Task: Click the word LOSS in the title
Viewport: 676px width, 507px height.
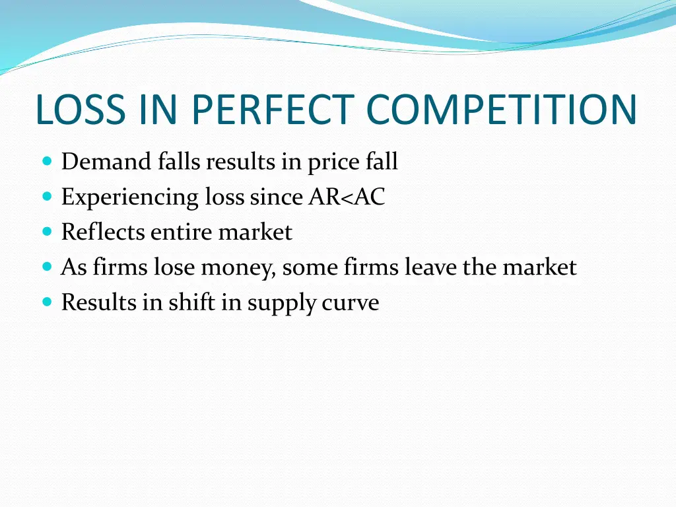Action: pyautogui.click(x=79, y=110)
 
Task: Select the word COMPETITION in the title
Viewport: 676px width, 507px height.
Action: pyautogui.click(x=502, y=110)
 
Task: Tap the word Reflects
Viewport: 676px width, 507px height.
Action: pyautogui.click(x=103, y=232)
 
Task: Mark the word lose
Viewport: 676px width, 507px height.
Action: pyautogui.click(x=176, y=267)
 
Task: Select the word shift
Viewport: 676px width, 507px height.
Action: pyautogui.click(x=187, y=302)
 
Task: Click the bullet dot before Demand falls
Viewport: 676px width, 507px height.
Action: pyautogui.click(x=46, y=161)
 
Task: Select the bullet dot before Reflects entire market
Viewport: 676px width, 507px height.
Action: pyautogui.click(x=46, y=232)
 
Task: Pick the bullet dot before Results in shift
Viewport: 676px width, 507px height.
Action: pyautogui.click(x=46, y=302)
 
